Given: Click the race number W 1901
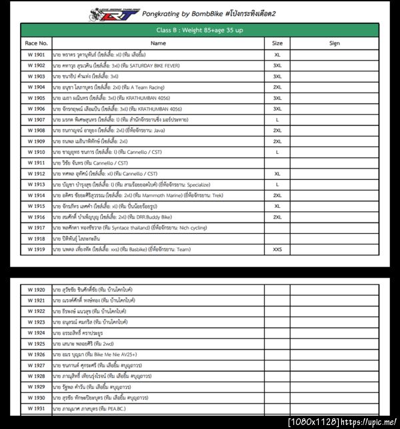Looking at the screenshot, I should click(36, 55).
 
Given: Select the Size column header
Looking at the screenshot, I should click(277, 43).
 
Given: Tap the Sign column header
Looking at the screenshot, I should click(334, 43).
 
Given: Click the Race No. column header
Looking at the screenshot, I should click(36, 43).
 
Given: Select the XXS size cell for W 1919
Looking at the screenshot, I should click(277, 249).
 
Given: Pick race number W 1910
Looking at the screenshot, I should click(36, 152).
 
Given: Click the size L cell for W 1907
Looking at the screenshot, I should click(277, 119).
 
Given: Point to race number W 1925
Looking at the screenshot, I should click(36, 344).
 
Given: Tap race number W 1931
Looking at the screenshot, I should click(36, 408).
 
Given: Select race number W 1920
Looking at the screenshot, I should click(36, 290).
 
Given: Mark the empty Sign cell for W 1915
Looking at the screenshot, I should click(334, 206).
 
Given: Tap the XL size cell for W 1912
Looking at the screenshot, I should click(277, 173).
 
